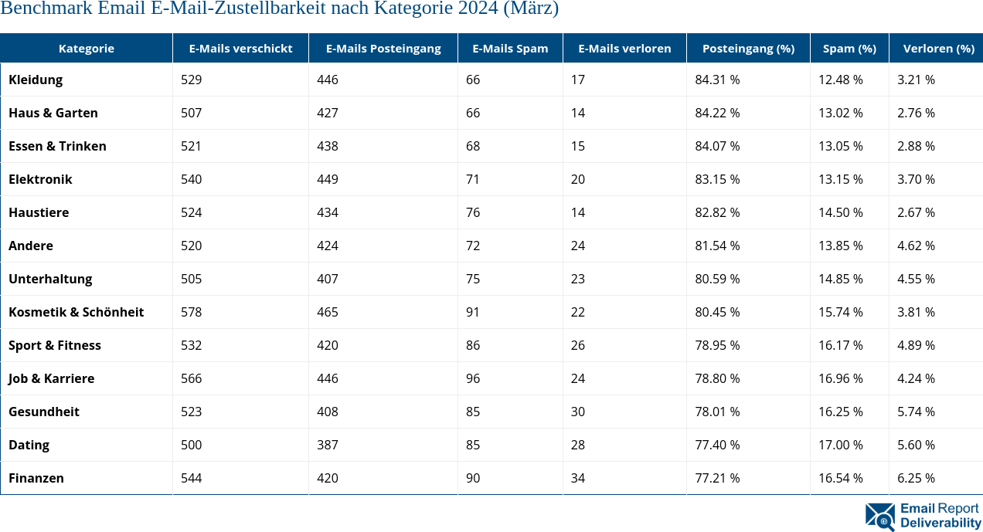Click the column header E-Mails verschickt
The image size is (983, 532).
tap(240, 48)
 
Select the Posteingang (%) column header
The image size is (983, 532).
tap(748, 48)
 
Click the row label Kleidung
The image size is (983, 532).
tap(36, 80)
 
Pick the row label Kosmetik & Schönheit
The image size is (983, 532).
tap(76, 312)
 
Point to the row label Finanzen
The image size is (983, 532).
tap(36, 478)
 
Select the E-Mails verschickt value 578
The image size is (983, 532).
tap(191, 312)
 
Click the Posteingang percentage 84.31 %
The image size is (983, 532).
tap(717, 80)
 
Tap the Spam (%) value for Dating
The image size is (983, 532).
tap(841, 445)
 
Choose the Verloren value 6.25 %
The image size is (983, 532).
tap(916, 478)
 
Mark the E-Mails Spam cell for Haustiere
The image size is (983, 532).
tap(473, 212)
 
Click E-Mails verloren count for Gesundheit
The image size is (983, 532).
tap(578, 412)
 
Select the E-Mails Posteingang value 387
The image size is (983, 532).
tap(328, 445)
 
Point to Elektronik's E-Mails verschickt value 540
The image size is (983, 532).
tap(191, 179)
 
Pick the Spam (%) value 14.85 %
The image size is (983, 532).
tap(841, 279)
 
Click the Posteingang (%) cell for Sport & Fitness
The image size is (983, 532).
tap(717, 345)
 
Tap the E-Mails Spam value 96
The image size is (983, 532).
tap(473, 378)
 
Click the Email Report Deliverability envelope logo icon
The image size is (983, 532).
tap(880, 516)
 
